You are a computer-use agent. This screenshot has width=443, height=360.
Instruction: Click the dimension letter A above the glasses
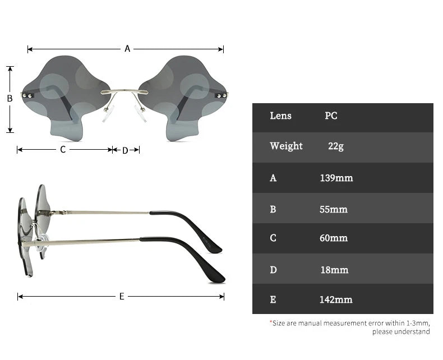(127, 49)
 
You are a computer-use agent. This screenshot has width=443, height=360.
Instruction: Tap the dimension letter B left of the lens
(10, 98)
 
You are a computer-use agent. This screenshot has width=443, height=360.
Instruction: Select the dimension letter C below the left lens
(63, 150)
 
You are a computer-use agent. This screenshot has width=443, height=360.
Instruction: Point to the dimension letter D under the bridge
(125, 150)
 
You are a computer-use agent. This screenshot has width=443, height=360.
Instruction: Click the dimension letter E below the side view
(122, 296)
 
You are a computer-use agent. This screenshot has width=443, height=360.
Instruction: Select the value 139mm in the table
(336, 178)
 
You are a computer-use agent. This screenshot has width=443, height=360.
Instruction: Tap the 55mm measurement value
(333, 210)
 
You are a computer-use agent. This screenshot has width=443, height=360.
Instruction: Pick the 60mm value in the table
(333, 238)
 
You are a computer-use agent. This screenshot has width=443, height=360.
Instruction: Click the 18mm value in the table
(334, 270)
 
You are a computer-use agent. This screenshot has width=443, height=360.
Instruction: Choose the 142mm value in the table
(336, 300)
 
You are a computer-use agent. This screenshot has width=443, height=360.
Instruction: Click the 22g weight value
(336, 146)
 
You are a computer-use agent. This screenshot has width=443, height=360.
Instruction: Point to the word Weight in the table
(286, 146)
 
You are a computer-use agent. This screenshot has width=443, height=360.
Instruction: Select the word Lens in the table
(280, 116)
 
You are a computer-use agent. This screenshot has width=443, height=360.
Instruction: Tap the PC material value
(331, 116)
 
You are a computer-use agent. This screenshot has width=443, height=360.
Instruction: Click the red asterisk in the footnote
(270, 322)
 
